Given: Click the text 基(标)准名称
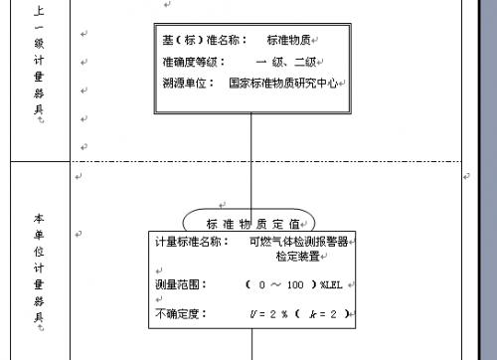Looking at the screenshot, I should [198, 41].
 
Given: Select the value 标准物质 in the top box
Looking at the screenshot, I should [290, 41].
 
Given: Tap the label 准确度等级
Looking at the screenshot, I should [188, 63].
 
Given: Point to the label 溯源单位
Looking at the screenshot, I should [188, 84].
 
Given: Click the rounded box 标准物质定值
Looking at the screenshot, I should [250, 223].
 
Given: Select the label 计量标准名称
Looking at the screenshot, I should [192, 242].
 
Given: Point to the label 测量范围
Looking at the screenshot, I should [181, 284].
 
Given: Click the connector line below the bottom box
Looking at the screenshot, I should [251, 345].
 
